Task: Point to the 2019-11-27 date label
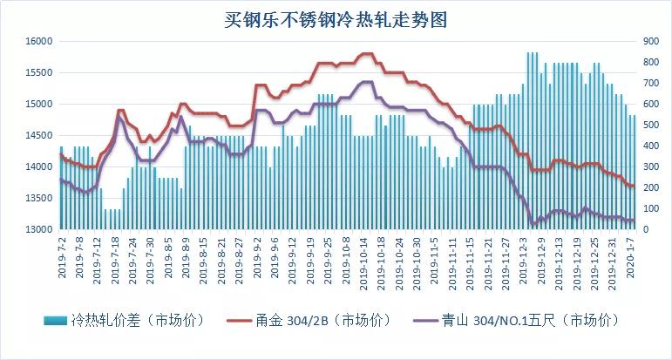(506, 257)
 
